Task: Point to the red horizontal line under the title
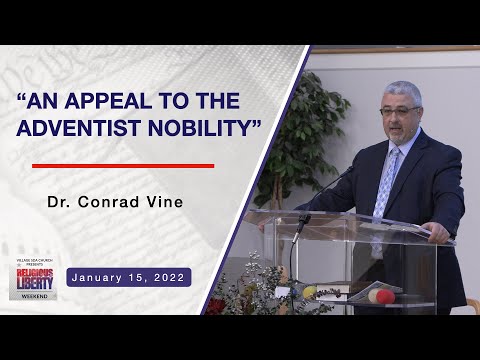pos(123,166)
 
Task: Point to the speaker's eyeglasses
pos(400,110)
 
